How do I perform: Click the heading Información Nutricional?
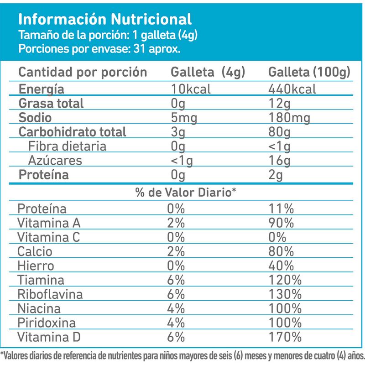[104, 19]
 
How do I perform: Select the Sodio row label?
[35, 118]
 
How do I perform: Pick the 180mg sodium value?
[290, 118]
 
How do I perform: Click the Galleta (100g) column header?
[309, 73]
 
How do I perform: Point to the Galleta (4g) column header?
[208, 73]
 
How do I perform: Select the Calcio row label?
[35, 251]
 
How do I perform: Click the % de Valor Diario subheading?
[185, 193]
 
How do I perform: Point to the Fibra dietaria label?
[68, 146]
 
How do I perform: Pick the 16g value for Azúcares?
[280, 161]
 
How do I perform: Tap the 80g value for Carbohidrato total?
[280, 132]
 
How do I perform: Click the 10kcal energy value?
[191, 89]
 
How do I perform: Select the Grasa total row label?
[51, 104]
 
